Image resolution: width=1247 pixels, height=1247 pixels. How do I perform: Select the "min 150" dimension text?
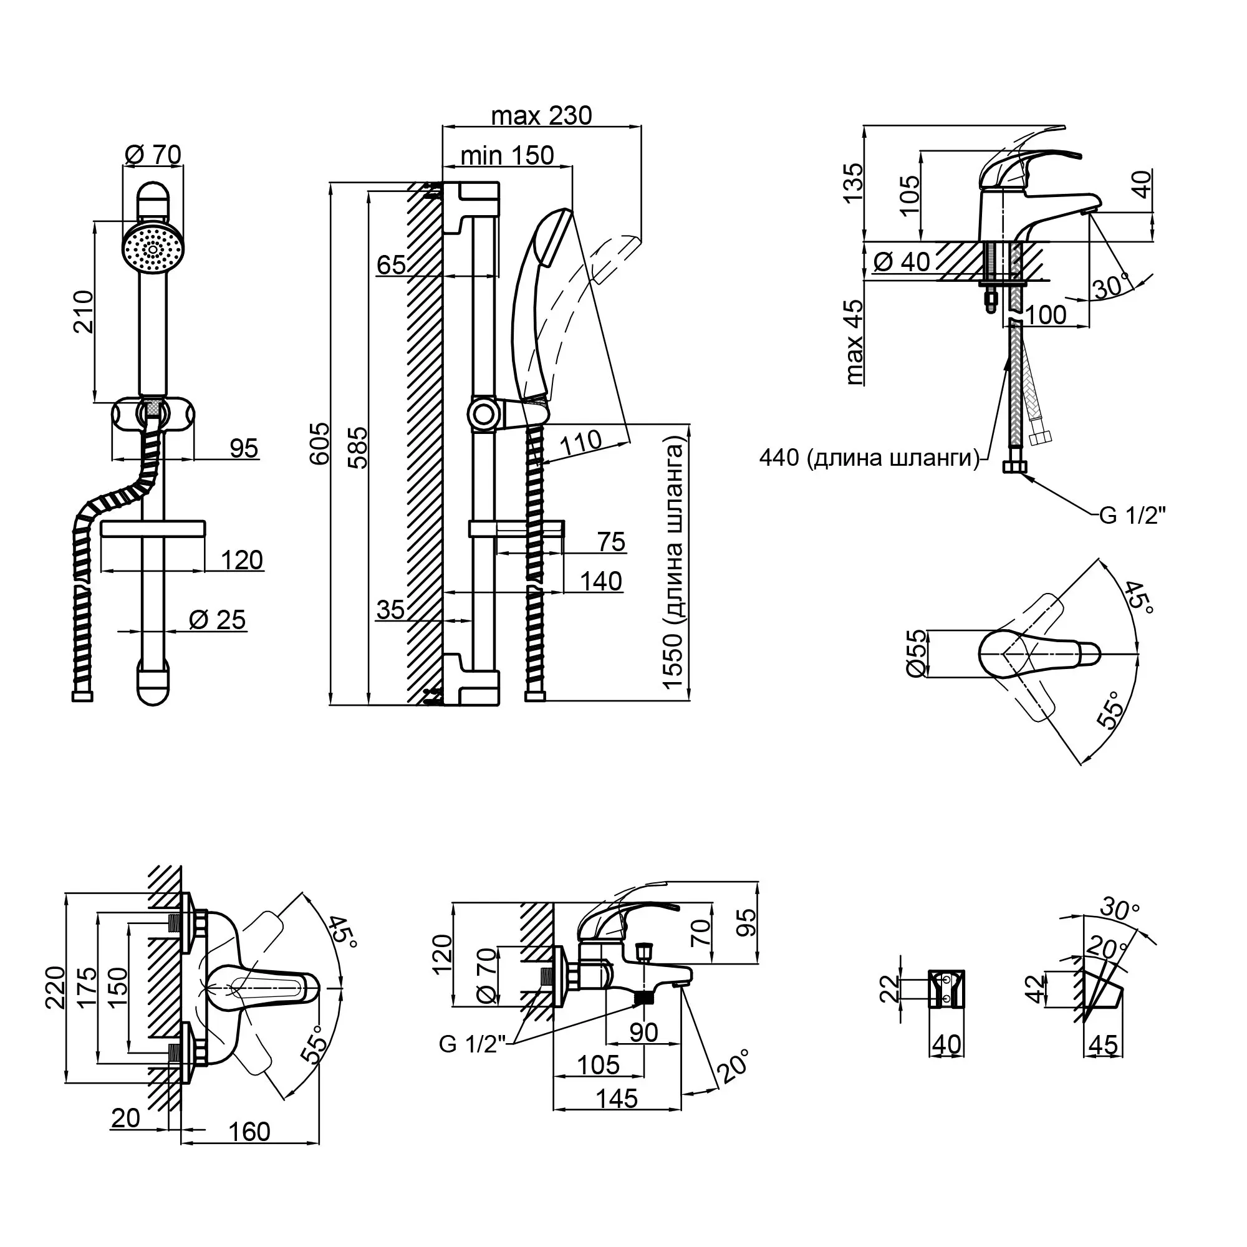click(508, 155)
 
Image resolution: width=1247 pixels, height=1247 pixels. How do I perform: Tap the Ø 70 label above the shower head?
click(153, 155)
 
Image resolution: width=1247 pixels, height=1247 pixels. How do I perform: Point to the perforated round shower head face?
click(153, 249)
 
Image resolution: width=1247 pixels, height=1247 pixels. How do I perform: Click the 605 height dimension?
click(319, 444)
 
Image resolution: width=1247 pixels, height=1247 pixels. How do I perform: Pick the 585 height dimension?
click(357, 446)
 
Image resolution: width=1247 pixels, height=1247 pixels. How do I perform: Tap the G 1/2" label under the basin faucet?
click(1133, 516)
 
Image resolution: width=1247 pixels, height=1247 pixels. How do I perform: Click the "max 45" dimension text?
click(854, 342)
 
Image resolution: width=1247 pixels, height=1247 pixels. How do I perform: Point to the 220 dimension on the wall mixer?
click(55, 988)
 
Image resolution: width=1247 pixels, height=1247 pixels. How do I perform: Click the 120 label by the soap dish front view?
click(242, 560)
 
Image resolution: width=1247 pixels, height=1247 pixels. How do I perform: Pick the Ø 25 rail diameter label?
click(218, 620)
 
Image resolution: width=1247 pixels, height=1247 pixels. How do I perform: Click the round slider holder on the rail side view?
click(483, 415)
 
